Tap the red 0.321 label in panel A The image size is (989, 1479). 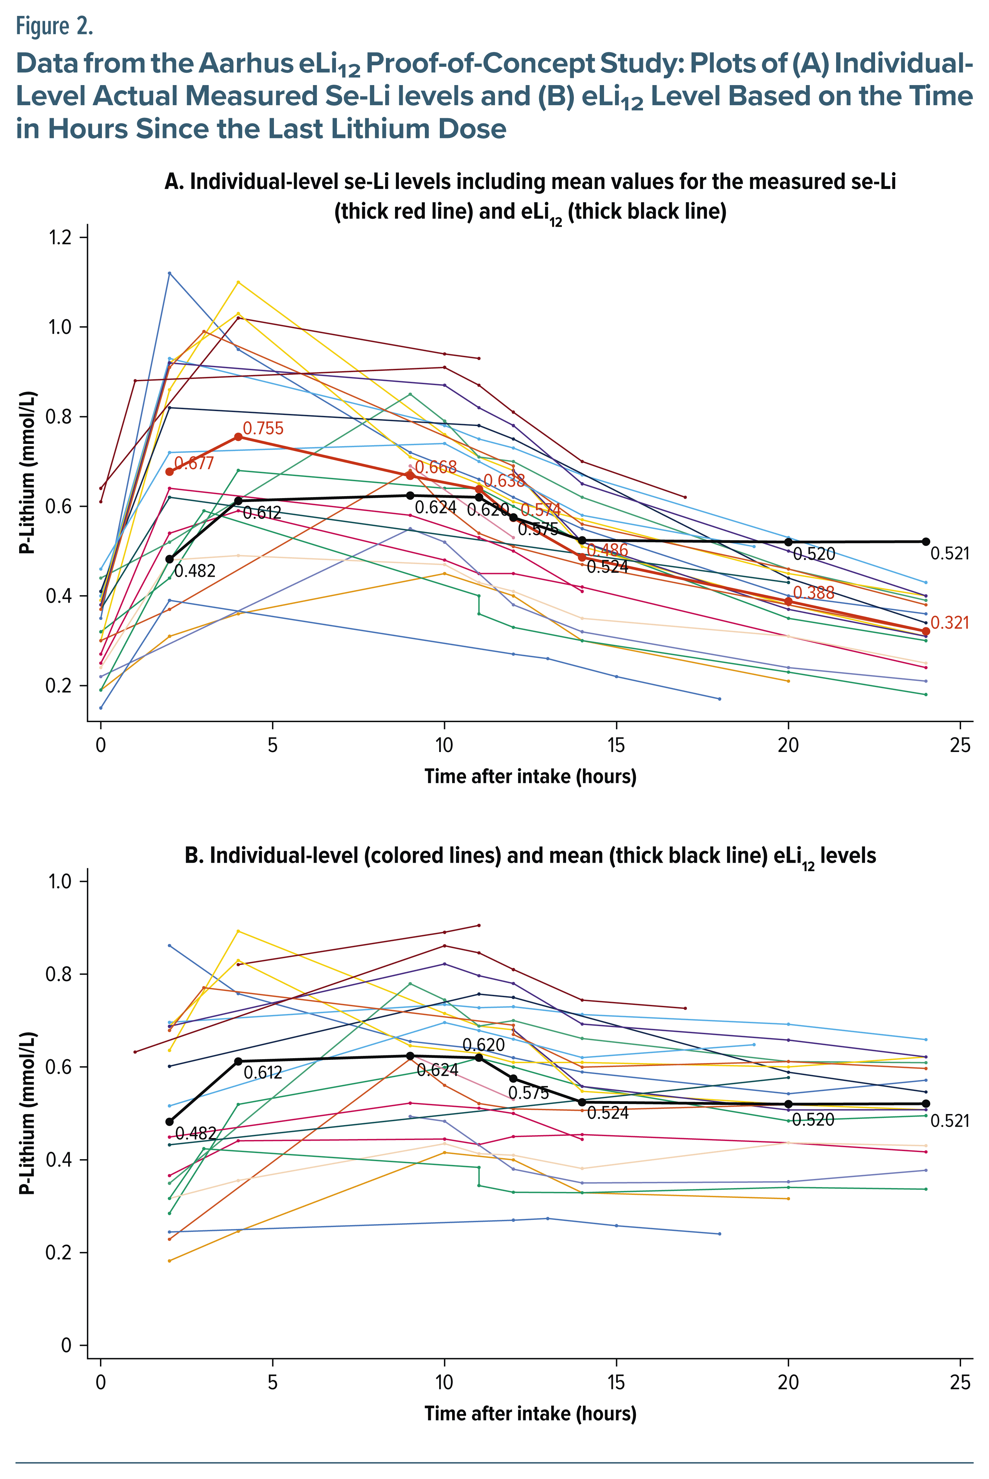tap(949, 623)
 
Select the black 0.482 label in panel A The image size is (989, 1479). tap(194, 571)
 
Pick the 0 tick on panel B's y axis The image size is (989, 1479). tap(66, 1346)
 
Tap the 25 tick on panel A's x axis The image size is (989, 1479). tap(960, 746)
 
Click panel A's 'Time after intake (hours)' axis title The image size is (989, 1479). tap(530, 776)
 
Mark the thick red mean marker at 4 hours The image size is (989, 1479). tap(238, 437)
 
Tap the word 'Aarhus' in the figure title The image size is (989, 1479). tap(246, 63)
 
